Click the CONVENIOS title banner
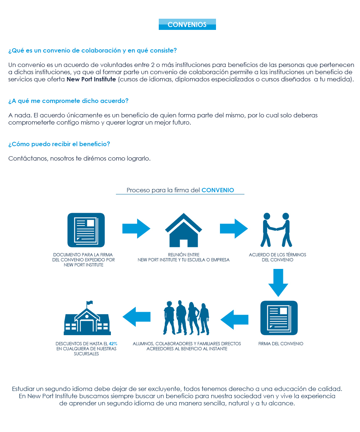coord(187,24)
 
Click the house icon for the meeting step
coord(184,230)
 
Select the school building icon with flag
coord(87,318)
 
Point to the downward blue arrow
coord(278,283)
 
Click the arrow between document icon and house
coord(136,229)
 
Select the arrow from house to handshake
coord(234,229)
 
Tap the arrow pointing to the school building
coord(136,317)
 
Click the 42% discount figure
coord(113,344)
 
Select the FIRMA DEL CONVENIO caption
coord(281,344)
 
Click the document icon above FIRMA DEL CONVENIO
coord(279,318)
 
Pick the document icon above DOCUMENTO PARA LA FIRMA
coord(86,230)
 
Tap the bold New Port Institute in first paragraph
coord(91,80)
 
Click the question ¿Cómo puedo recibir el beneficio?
coord(59,144)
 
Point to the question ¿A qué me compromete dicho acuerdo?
coord(68,101)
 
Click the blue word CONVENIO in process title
coord(218,190)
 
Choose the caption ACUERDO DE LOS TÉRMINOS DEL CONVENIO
coord(278,257)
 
